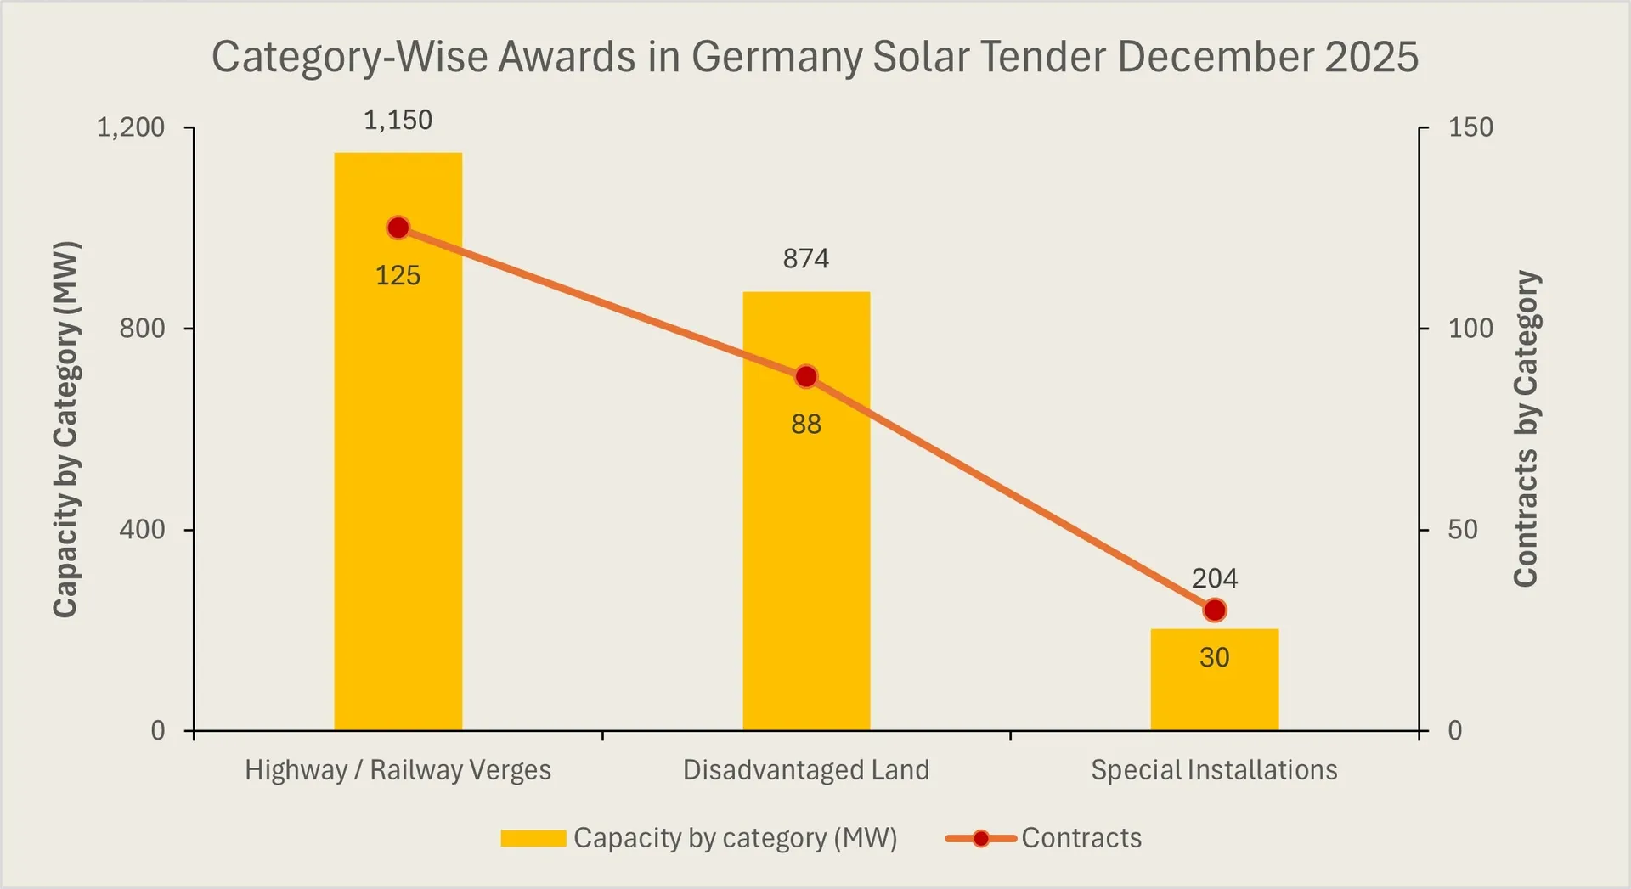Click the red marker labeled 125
coord(398,228)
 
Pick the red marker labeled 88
coord(806,376)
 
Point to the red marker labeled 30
coord(1215,610)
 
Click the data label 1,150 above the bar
coord(398,121)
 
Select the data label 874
coord(805,258)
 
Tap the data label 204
coord(1214,579)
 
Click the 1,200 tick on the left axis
coord(131,127)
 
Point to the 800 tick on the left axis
coord(142,329)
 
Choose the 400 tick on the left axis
coord(142,530)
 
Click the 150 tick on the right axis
coord(1470,127)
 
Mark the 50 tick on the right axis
coord(1463,530)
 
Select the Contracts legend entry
coord(1081,838)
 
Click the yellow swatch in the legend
coord(533,838)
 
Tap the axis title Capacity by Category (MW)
coord(65,429)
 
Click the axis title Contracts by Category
coord(1526,429)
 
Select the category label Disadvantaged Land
coord(805,770)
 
